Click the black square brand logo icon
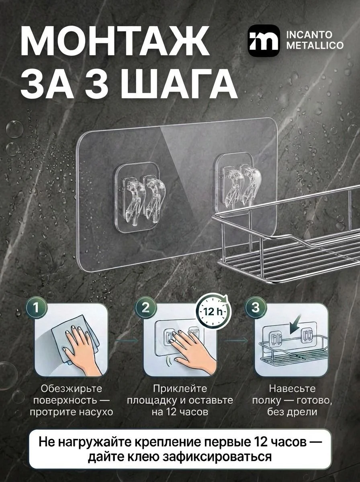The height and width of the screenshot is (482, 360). (x=264, y=41)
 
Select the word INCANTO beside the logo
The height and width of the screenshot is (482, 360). (x=310, y=35)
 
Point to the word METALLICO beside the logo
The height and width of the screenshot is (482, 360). (x=315, y=46)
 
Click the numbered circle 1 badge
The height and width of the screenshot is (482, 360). (x=37, y=308)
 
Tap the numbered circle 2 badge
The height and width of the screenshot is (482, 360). (x=145, y=308)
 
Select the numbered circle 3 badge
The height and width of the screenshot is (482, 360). (x=256, y=308)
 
